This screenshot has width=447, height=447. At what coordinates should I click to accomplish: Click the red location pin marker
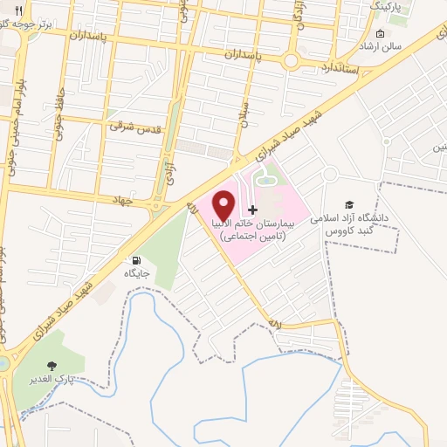(223, 204)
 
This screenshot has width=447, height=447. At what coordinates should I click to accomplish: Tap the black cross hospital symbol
(253, 210)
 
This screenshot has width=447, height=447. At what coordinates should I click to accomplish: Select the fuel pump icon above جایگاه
(136, 260)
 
